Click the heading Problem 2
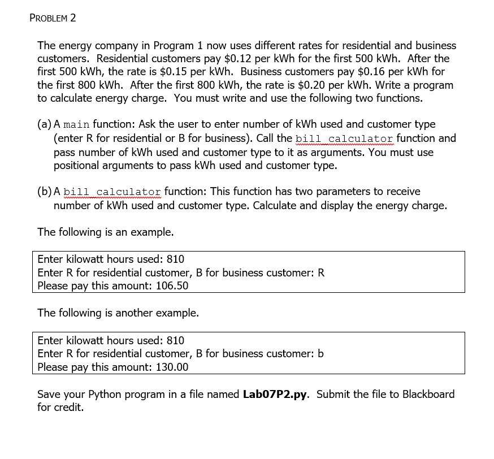53,18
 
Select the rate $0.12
238,59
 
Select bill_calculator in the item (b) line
113,192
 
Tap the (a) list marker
45,124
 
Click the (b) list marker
45,192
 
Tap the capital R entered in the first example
321,273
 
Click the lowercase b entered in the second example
320,354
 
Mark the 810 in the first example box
175,259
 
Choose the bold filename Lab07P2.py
275,395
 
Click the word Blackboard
428,395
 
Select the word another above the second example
134,313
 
